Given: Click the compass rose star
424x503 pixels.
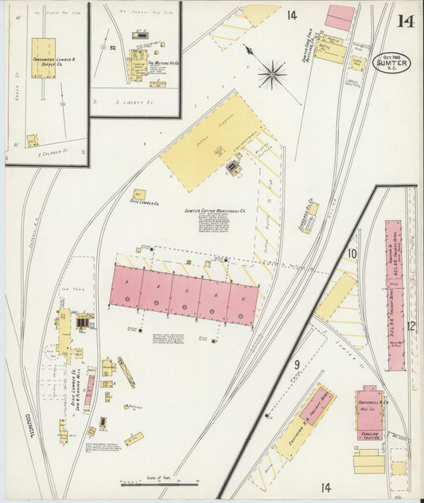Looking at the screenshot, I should coord(272,75).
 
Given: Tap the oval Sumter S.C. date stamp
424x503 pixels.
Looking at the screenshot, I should coord(392,63).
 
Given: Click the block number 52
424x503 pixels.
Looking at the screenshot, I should coord(114,48).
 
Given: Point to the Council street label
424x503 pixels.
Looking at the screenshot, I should coord(28,425).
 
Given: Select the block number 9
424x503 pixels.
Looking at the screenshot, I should coord(296,365).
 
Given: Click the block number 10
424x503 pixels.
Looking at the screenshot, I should coord(351,254).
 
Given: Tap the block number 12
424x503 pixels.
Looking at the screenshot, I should coord(410,326).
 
